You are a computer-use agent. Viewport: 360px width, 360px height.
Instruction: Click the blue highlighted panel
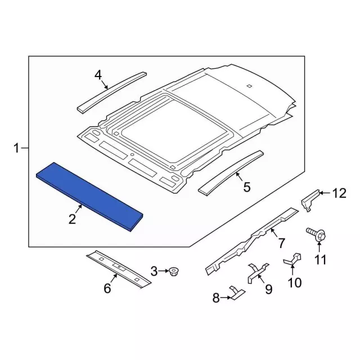[89, 196]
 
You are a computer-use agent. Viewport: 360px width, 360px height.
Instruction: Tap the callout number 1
[16, 148]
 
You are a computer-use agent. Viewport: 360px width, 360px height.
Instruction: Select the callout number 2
[72, 219]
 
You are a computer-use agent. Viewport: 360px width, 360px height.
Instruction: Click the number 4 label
[98, 75]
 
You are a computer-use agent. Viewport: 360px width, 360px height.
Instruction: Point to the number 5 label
[246, 187]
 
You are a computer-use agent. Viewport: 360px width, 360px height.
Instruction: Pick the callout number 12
[339, 193]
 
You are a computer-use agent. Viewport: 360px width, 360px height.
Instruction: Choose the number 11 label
[320, 260]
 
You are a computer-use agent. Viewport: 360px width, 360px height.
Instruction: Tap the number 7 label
[281, 243]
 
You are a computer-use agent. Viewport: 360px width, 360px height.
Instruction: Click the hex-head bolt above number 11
[316, 235]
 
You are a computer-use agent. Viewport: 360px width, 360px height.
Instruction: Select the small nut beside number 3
[174, 272]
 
